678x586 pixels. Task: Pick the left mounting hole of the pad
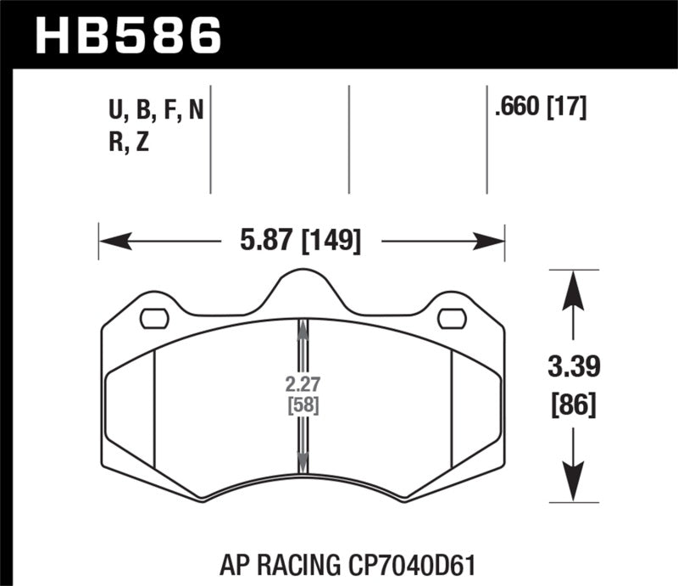[x=153, y=318]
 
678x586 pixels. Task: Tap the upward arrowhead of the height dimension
[x=575, y=288]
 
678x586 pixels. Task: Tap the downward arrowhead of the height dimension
[x=575, y=484]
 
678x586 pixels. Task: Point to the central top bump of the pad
[x=302, y=284]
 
